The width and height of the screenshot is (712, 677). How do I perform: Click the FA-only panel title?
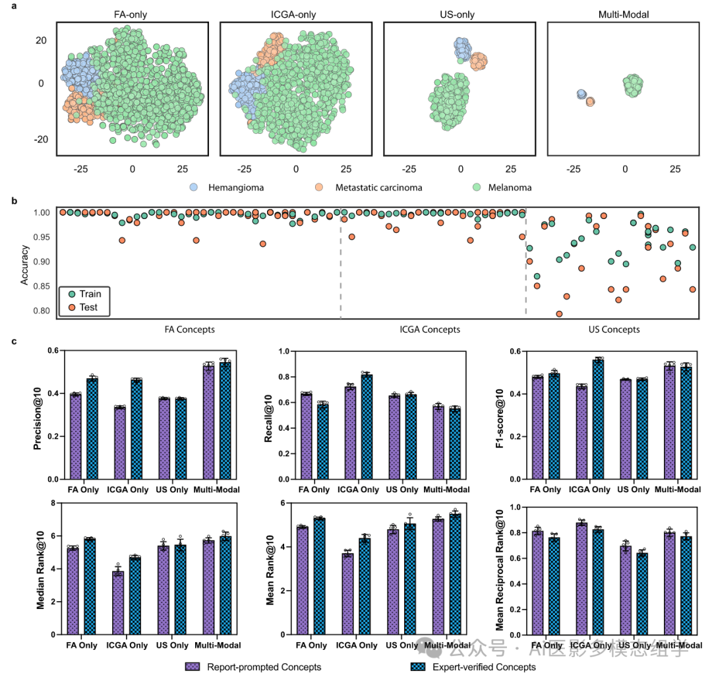pyautogui.click(x=132, y=15)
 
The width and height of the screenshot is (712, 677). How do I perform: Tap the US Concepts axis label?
pyautogui.click(x=614, y=329)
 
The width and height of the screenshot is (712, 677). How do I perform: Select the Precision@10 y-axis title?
pyautogui.click(x=39, y=415)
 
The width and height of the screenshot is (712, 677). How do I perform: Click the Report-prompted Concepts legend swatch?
pyautogui.click(x=193, y=666)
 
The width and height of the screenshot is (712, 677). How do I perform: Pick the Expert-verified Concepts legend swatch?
pyautogui.click(x=417, y=666)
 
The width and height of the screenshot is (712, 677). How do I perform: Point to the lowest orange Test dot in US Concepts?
pyautogui.click(x=559, y=314)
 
